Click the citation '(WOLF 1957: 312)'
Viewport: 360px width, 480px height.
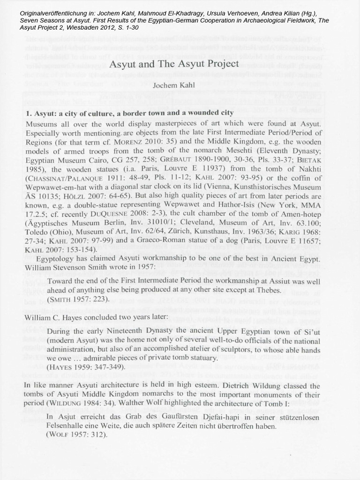76,434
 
